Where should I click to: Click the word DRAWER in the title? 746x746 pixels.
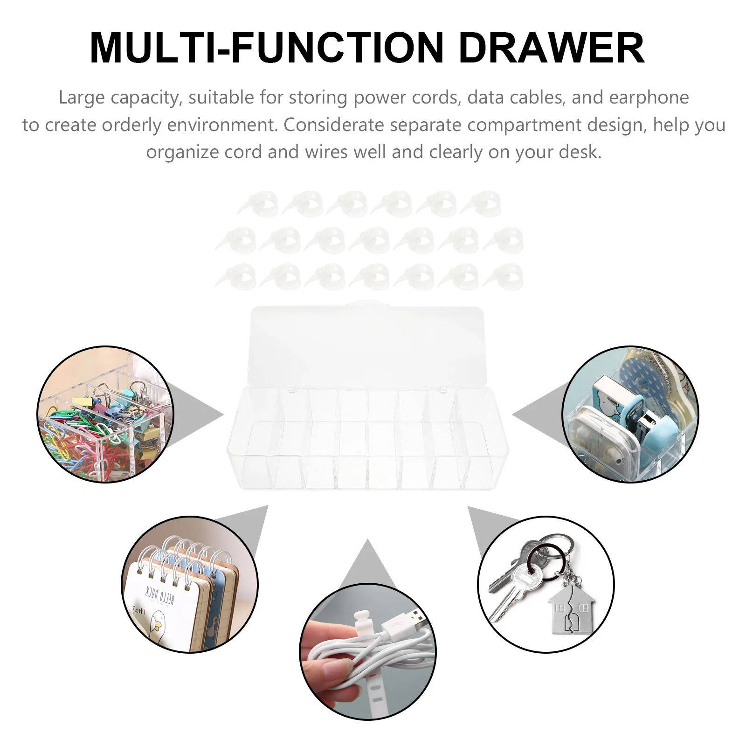pyautogui.click(x=551, y=48)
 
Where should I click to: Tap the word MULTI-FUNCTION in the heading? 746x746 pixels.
pyautogui.click(x=266, y=48)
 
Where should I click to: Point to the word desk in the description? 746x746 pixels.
pyautogui.click(x=580, y=152)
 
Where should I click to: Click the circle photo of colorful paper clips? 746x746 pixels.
pyautogui.click(x=105, y=414)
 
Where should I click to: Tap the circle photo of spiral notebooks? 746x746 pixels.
pyautogui.click(x=189, y=584)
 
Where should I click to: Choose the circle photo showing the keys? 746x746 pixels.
pyautogui.click(x=546, y=584)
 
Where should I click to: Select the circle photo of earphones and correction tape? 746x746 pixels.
pyautogui.click(x=630, y=414)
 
